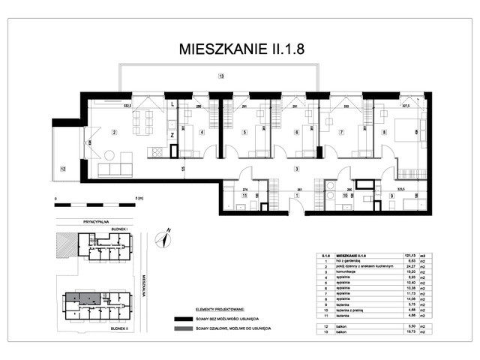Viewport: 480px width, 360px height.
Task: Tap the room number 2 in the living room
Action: point(114,133)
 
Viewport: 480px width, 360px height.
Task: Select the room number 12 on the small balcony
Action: point(63,169)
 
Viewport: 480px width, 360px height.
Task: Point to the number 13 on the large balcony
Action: point(220,76)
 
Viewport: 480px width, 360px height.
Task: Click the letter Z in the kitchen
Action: point(172,135)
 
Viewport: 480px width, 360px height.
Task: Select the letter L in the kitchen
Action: point(172,105)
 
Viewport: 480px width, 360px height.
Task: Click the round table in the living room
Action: point(109,155)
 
